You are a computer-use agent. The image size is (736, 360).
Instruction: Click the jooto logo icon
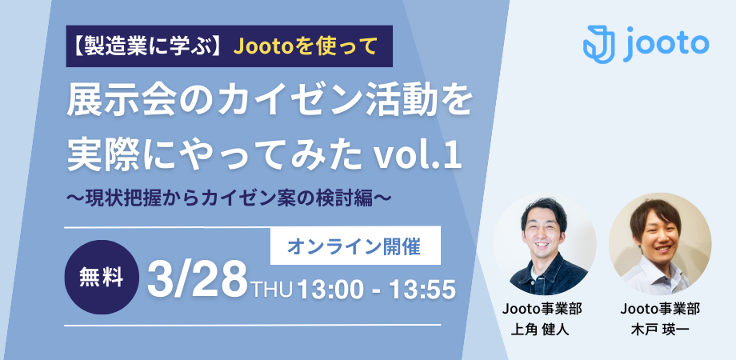click(599, 45)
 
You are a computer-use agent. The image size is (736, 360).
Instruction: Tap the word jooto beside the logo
click(666, 45)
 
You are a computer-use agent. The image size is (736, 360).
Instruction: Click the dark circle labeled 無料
click(102, 277)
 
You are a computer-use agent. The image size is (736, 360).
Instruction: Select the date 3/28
click(198, 281)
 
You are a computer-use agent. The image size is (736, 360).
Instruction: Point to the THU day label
click(273, 289)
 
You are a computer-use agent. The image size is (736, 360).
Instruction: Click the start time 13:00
click(330, 289)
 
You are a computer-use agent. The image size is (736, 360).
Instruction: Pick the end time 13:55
click(422, 289)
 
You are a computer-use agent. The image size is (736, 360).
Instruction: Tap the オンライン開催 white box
click(355, 246)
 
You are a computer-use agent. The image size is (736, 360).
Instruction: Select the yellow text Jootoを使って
click(305, 46)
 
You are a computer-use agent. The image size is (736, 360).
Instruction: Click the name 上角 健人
click(540, 330)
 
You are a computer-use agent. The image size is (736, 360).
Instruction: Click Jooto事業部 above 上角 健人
click(542, 309)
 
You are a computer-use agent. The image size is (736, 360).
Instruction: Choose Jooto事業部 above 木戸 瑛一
click(660, 309)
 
